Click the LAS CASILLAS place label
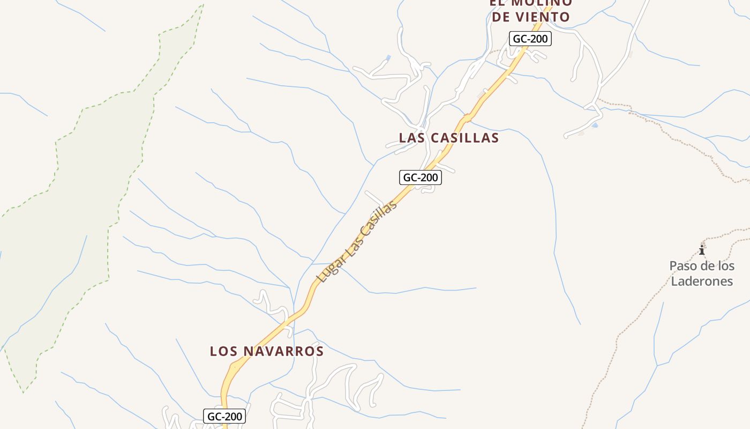pos(449,138)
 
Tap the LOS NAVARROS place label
pos(267,351)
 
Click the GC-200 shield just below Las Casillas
pos(421,177)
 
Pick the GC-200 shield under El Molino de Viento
pos(530,39)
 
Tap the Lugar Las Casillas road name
pos(357,242)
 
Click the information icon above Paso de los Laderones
pos(702,250)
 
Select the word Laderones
pos(702,282)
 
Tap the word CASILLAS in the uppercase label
pos(464,138)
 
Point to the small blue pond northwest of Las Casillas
pos(388,57)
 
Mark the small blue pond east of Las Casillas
pos(595,125)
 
